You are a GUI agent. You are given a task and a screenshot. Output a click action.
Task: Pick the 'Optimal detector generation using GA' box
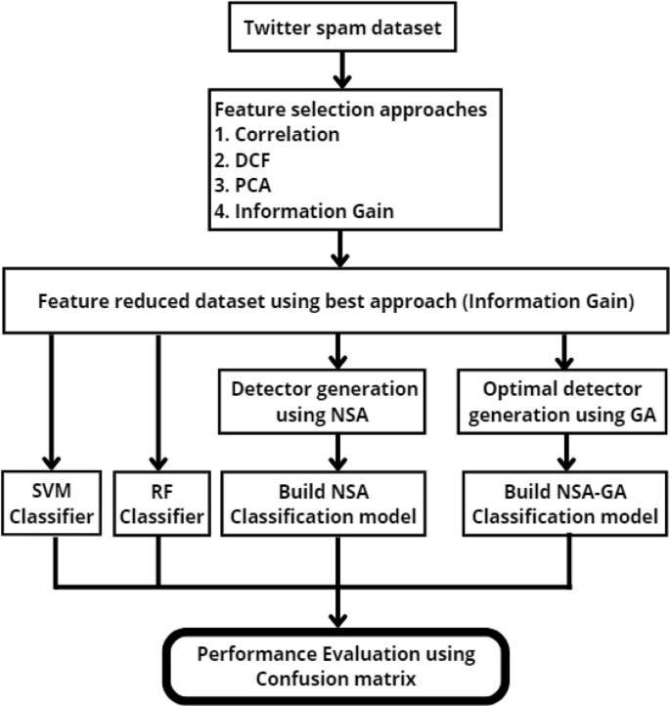click(x=563, y=399)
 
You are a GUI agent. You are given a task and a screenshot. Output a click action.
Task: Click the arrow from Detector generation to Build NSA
click(x=338, y=450)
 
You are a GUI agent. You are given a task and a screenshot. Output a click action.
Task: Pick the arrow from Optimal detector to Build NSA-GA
click(x=563, y=450)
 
